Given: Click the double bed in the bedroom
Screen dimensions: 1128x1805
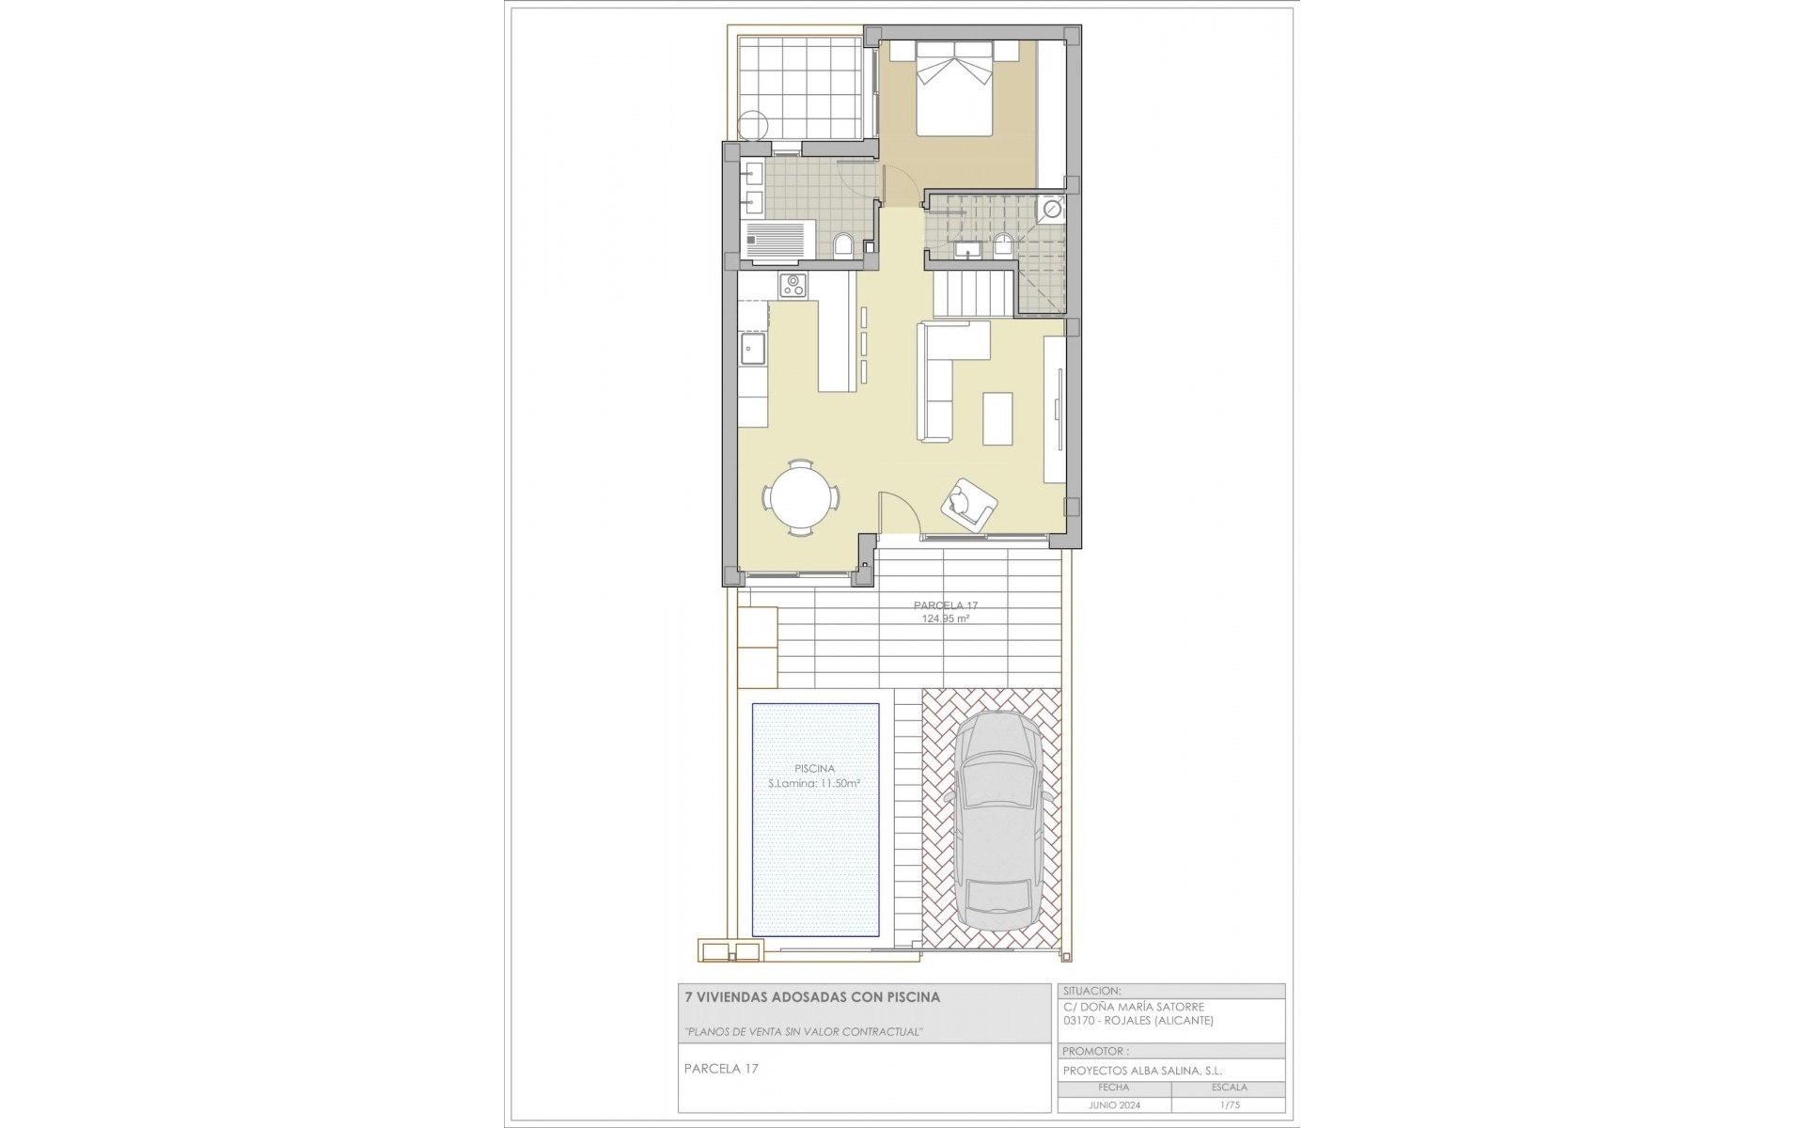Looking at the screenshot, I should point(955,89).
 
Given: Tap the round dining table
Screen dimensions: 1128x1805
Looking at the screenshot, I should point(800,497).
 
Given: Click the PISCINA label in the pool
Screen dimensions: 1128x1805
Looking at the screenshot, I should point(814,768).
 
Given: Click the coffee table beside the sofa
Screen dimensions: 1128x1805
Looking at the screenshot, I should point(998,418).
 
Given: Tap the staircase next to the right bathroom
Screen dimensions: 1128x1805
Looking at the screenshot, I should point(974,292).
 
